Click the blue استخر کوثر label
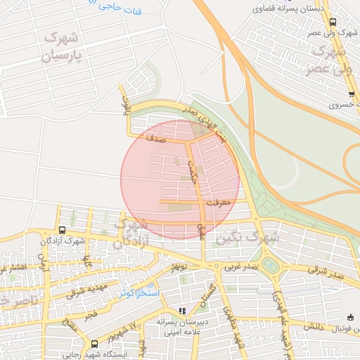click(143, 291)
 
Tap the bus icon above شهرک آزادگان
click(63, 229)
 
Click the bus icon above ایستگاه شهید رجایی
click(94, 344)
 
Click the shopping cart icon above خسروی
click(351, 94)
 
